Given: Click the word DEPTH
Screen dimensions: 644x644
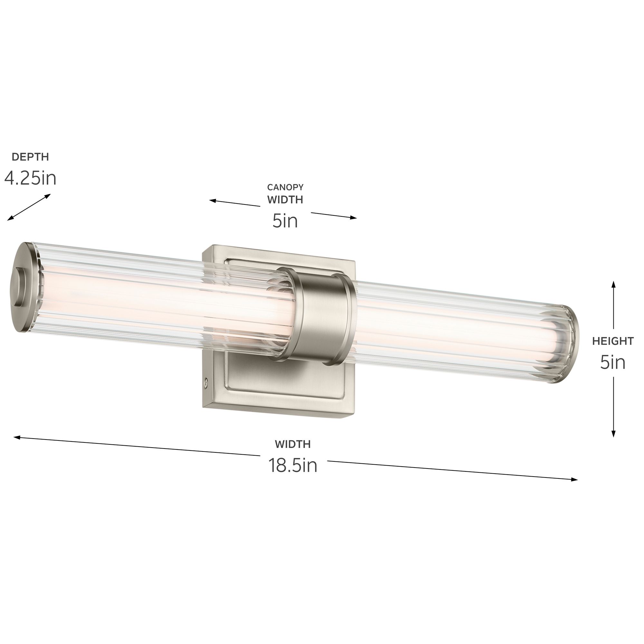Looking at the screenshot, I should point(30,157).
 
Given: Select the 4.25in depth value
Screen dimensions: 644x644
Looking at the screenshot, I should point(30,178).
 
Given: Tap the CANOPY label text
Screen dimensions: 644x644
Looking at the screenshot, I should point(285,187).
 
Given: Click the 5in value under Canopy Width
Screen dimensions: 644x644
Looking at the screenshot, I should point(285,221).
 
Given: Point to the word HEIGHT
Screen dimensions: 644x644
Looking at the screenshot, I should point(613,341).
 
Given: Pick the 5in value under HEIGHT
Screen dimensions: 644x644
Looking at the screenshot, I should point(613,362).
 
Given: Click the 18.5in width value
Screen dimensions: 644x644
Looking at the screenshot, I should point(293,465).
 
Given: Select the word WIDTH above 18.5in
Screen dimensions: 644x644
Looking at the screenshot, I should point(293,444).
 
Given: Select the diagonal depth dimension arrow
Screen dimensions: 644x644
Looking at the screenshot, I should point(29,207).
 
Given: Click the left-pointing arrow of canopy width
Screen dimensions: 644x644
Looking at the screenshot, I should point(213,201).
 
